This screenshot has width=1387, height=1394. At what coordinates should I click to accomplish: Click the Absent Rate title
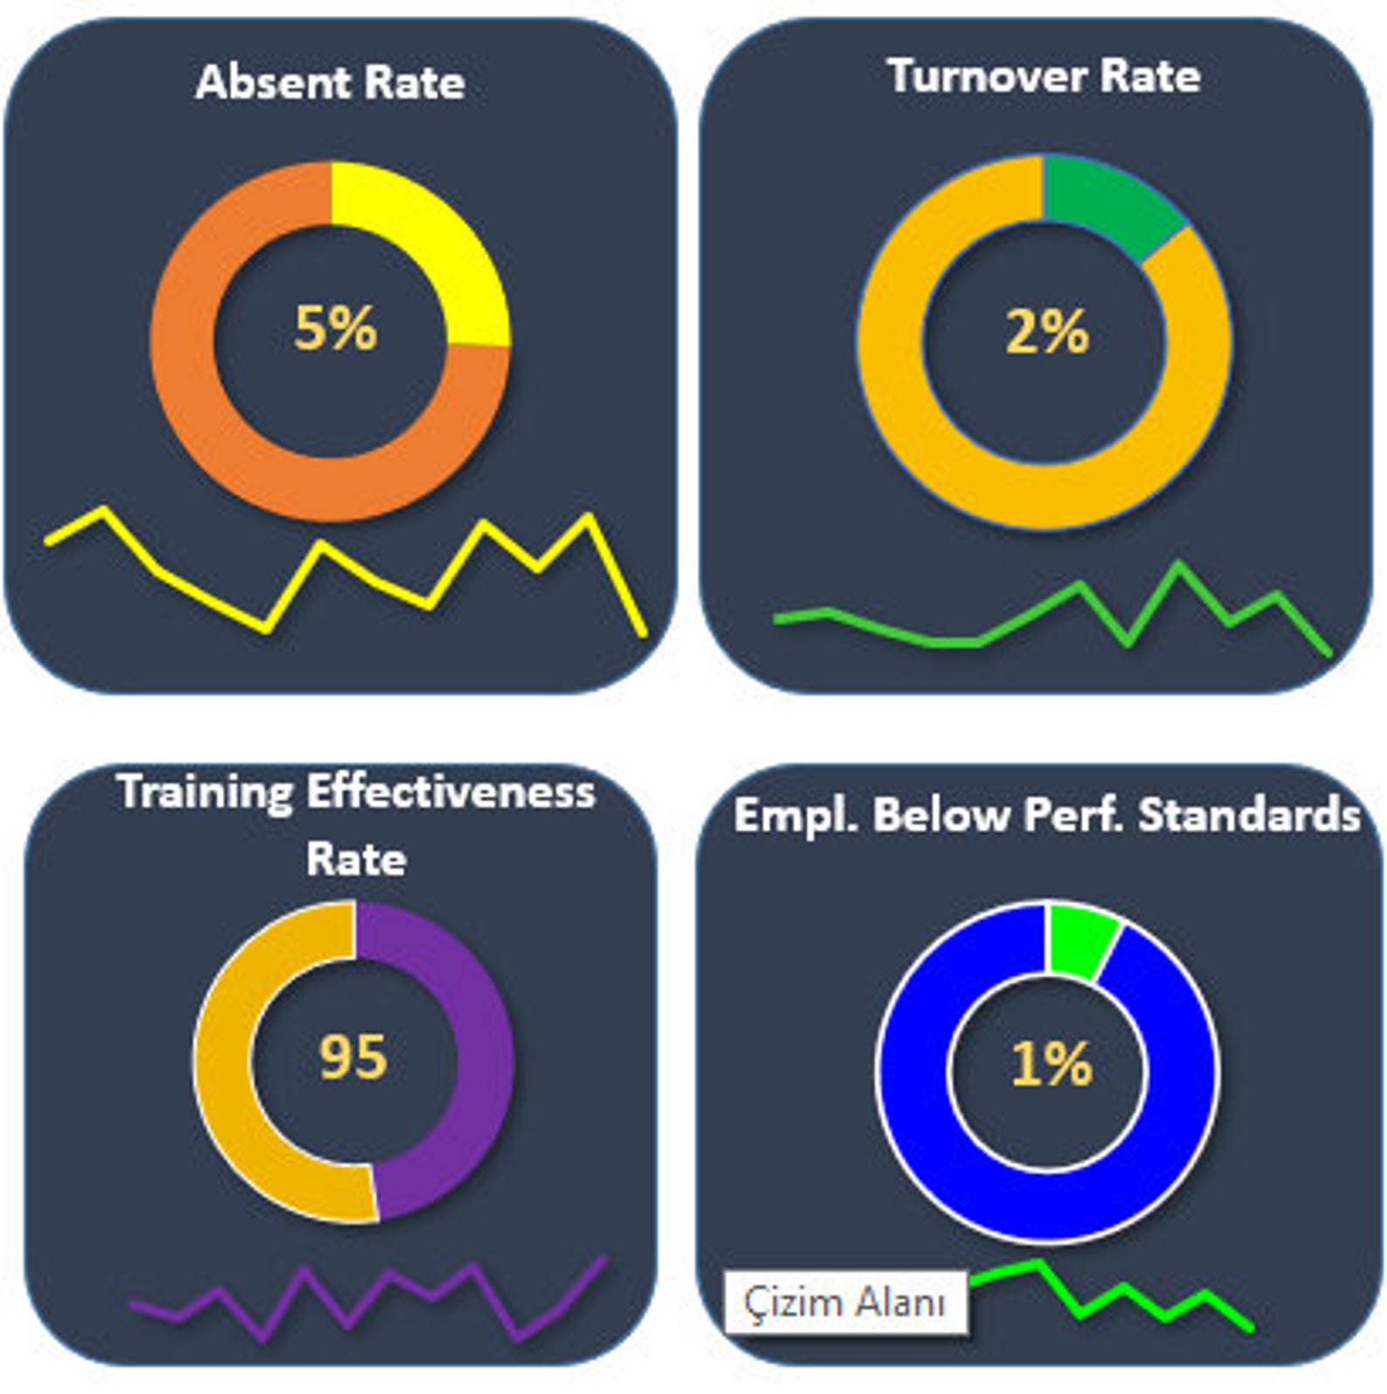point(330,83)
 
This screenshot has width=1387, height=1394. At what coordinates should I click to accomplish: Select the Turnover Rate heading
point(1044,76)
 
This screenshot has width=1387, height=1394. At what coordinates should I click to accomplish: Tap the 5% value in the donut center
point(335,328)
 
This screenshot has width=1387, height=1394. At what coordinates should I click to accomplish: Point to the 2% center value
point(1047,332)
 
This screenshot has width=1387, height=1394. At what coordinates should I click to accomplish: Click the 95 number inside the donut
point(353,1057)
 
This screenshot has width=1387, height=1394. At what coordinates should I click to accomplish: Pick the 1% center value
point(1052,1064)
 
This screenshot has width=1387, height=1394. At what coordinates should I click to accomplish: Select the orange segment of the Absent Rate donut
point(218,419)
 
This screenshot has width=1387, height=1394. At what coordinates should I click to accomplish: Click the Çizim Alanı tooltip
point(845,1302)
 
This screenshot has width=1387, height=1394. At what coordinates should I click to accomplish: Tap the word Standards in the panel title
point(1249,816)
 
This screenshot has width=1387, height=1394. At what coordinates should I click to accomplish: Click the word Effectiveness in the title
point(450,792)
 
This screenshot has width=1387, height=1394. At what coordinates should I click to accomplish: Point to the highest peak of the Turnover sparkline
point(1178,566)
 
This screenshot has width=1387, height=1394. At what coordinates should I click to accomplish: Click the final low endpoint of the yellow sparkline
point(644,631)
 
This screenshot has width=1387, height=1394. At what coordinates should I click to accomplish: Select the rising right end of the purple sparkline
point(601,1260)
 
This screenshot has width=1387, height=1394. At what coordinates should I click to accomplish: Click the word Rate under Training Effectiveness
point(356,859)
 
